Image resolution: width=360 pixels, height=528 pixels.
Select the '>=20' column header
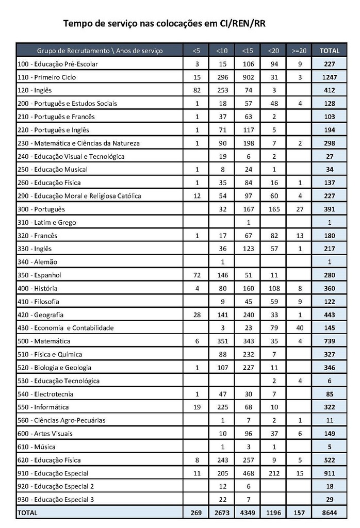(x=299, y=51)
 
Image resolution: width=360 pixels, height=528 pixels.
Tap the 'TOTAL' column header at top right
(x=330, y=51)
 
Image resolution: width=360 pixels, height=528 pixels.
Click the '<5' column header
(x=197, y=51)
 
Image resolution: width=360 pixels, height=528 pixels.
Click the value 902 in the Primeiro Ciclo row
(x=248, y=77)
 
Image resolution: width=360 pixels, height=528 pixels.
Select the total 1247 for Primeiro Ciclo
(x=330, y=77)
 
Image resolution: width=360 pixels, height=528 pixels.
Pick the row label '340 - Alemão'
(x=38, y=261)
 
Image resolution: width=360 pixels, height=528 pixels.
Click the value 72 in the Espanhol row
(x=197, y=275)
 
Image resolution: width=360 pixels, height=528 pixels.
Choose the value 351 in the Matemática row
(x=222, y=341)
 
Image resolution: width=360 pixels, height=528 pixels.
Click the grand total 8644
(x=330, y=513)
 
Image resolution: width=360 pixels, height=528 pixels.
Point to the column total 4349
(x=248, y=513)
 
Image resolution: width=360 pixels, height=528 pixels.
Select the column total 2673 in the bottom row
(x=222, y=513)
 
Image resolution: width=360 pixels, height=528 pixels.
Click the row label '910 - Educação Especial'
(x=53, y=473)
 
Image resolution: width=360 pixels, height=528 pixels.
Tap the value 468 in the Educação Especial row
(x=248, y=473)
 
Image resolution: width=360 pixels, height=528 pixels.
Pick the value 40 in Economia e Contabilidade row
(x=299, y=327)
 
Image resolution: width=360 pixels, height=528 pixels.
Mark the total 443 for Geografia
(x=330, y=315)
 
